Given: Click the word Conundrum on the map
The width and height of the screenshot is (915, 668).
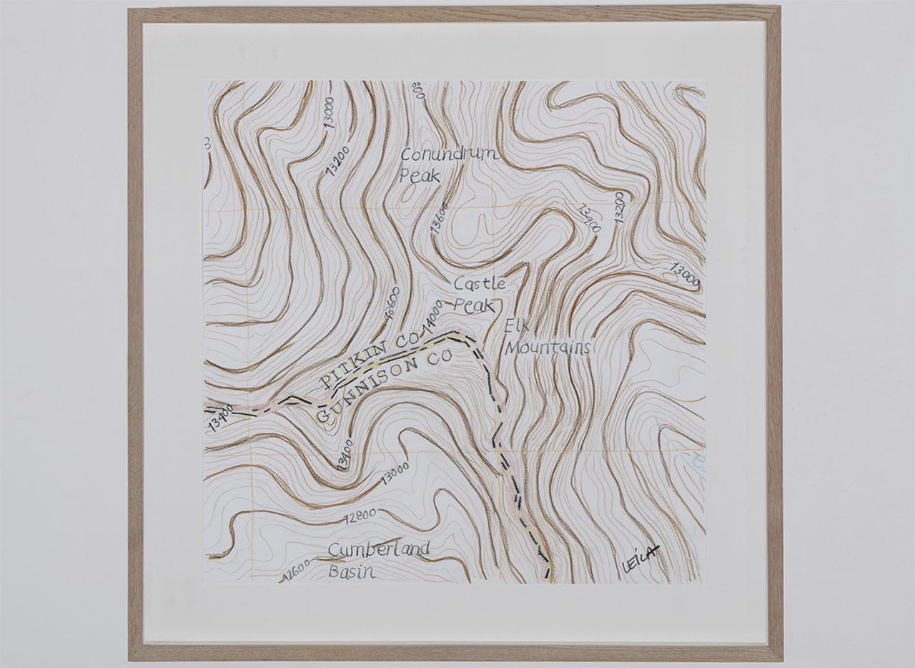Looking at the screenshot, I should coord(448,154).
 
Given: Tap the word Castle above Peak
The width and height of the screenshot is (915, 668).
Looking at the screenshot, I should coord(480,284).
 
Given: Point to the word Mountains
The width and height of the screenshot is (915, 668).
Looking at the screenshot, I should coord(548,348).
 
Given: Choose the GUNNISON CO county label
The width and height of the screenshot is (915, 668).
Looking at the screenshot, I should coord(383,387).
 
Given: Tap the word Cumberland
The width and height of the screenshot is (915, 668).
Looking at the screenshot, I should coord(379,549).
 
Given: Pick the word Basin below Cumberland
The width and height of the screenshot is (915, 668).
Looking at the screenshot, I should coord(352,571).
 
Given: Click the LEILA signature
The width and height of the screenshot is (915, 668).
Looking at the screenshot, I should coord(639,559).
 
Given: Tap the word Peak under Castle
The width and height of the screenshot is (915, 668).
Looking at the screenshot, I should coord(474,305).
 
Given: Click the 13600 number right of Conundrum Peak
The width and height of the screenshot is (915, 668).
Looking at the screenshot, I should coord(440,217).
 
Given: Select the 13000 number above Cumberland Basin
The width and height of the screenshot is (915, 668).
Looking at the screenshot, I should coord(395,472).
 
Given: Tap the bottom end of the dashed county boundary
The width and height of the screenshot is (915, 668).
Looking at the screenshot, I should coord(548,574).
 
